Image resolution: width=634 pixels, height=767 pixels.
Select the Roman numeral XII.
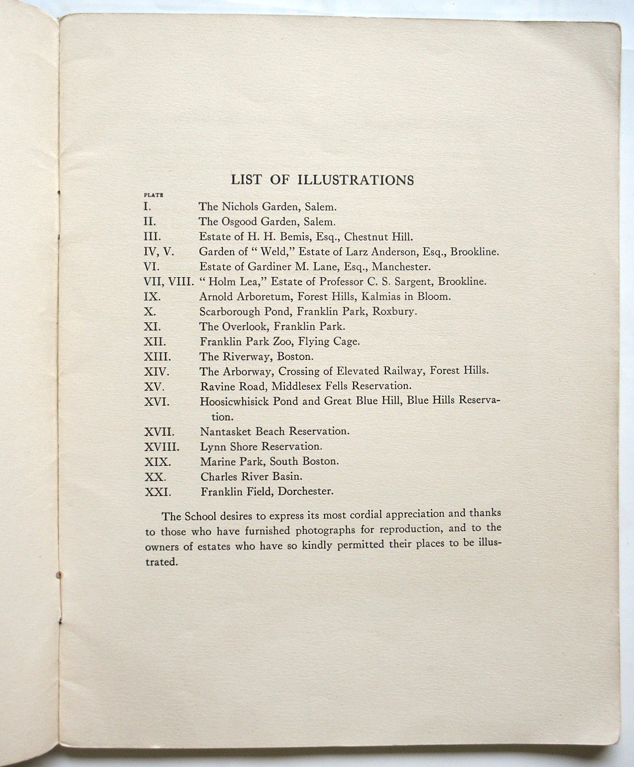point(155,342)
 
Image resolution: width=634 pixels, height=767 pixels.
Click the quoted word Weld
point(274,251)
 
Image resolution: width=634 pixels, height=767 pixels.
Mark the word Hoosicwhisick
point(234,401)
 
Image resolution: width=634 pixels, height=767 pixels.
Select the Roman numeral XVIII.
point(161,446)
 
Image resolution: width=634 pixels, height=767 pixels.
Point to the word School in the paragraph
point(199,517)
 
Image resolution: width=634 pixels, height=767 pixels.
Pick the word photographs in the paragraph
point(322,531)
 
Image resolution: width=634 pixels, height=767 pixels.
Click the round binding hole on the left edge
point(59,575)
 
